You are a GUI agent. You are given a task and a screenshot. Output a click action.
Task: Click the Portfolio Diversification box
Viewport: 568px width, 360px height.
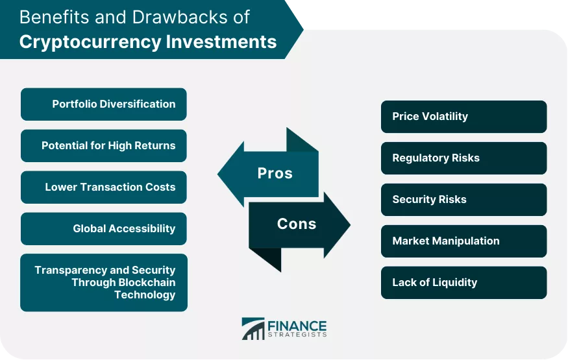coord(104,104)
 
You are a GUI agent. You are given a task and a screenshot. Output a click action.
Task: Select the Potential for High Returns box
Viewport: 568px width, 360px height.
coord(104,146)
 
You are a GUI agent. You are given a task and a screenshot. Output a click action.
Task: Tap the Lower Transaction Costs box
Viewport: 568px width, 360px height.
coord(104,187)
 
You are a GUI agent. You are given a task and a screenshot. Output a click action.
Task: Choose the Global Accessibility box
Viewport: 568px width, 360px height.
coord(104,229)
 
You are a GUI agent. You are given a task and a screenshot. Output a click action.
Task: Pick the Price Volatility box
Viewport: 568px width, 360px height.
coord(463,117)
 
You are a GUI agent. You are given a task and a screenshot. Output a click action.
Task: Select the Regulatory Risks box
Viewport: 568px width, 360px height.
coord(463,158)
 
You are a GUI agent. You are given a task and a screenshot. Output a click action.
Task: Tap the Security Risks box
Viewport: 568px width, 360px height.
coord(463,200)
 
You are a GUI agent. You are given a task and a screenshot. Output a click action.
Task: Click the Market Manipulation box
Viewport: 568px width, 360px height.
coord(463,241)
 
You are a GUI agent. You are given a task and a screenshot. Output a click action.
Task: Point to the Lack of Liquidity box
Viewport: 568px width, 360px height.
coord(463,283)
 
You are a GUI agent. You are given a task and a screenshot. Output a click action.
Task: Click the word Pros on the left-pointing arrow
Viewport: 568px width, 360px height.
coord(275,173)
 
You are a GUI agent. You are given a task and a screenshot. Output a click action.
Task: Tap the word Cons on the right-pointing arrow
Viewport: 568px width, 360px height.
coord(297,224)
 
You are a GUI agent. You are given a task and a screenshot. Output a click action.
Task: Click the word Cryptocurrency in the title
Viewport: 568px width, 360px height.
coord(90,42)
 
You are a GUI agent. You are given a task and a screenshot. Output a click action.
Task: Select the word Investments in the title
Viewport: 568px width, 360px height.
coord(221,42)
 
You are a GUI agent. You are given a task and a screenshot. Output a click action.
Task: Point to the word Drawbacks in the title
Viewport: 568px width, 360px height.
coord(179,17)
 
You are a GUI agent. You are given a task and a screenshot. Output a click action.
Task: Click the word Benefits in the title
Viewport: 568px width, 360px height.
coord(55,17)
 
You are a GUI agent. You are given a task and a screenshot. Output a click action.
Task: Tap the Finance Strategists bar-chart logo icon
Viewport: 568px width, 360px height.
coord(253,328)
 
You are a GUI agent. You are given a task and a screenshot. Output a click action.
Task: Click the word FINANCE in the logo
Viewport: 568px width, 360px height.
coord(297,326)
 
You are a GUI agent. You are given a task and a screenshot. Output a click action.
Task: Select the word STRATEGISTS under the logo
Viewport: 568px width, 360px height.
coord(297,335)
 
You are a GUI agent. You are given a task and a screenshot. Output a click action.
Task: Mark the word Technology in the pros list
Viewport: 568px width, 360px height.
coord(145,295)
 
